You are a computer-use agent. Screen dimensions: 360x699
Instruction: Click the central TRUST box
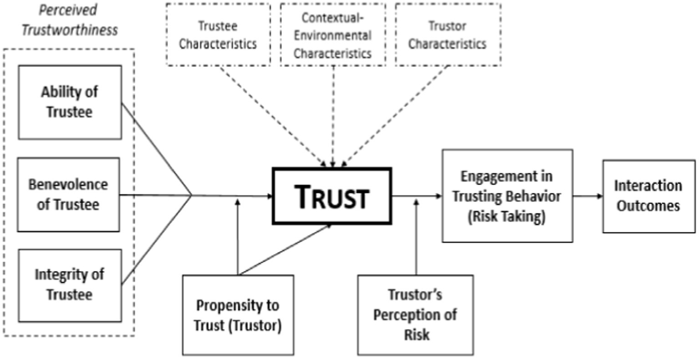click(x=332, y=196)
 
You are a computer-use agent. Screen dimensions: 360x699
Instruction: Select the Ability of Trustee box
click(x=70, y=102)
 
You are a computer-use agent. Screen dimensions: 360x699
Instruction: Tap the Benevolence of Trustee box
click(x=69, y=195)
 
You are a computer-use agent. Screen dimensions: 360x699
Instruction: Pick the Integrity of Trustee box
click(x=70, y=285)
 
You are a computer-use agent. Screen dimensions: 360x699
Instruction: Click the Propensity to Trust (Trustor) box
click(x=238, y=315)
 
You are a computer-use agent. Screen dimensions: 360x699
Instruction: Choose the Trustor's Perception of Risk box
click(x=415, y=314)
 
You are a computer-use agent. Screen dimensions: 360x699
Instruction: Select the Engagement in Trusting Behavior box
click(x=507, y=195)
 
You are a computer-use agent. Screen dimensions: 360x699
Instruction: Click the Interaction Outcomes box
click(x=648, y=196)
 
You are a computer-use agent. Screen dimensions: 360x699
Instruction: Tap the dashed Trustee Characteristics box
click(x=218, y=35)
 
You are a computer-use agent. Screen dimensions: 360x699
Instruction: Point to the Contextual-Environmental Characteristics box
click(x=332, y=35)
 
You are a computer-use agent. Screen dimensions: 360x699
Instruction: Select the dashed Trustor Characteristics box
click(x=448, y=35)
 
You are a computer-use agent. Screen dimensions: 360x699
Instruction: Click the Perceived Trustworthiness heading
click(x=70, y=19)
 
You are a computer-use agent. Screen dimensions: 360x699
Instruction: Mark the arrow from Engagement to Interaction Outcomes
click(x=587, y=196)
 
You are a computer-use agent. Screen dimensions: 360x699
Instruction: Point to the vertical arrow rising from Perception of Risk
click(x=416, y=237)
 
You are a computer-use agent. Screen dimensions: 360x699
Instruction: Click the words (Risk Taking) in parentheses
click(x=506, y=216)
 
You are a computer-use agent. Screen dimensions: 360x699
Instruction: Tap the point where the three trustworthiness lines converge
click(x=190, y=196)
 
